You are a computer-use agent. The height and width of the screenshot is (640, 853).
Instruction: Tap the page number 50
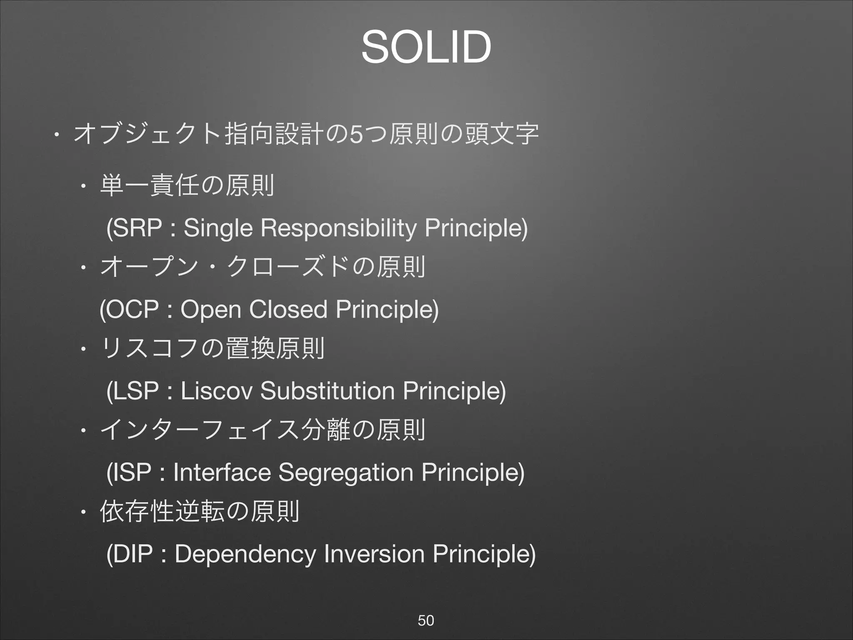(x=426, y=620)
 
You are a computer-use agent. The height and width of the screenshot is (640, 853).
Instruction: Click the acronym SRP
(x=137, y=228)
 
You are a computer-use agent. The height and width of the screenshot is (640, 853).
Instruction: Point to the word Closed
(x=288, y=310)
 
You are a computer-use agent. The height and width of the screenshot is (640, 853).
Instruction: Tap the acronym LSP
(x=136, y=391)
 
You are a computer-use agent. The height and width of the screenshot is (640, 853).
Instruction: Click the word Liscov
(x=217, y=391)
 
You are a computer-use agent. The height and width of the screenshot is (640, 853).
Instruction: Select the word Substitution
(x=327, y=391)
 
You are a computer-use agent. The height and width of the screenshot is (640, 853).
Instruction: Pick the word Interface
(x=222, y=472)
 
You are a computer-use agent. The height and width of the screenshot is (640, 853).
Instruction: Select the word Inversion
(x=374, y=554)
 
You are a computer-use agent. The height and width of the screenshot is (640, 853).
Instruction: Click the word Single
(x=218, y=229)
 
